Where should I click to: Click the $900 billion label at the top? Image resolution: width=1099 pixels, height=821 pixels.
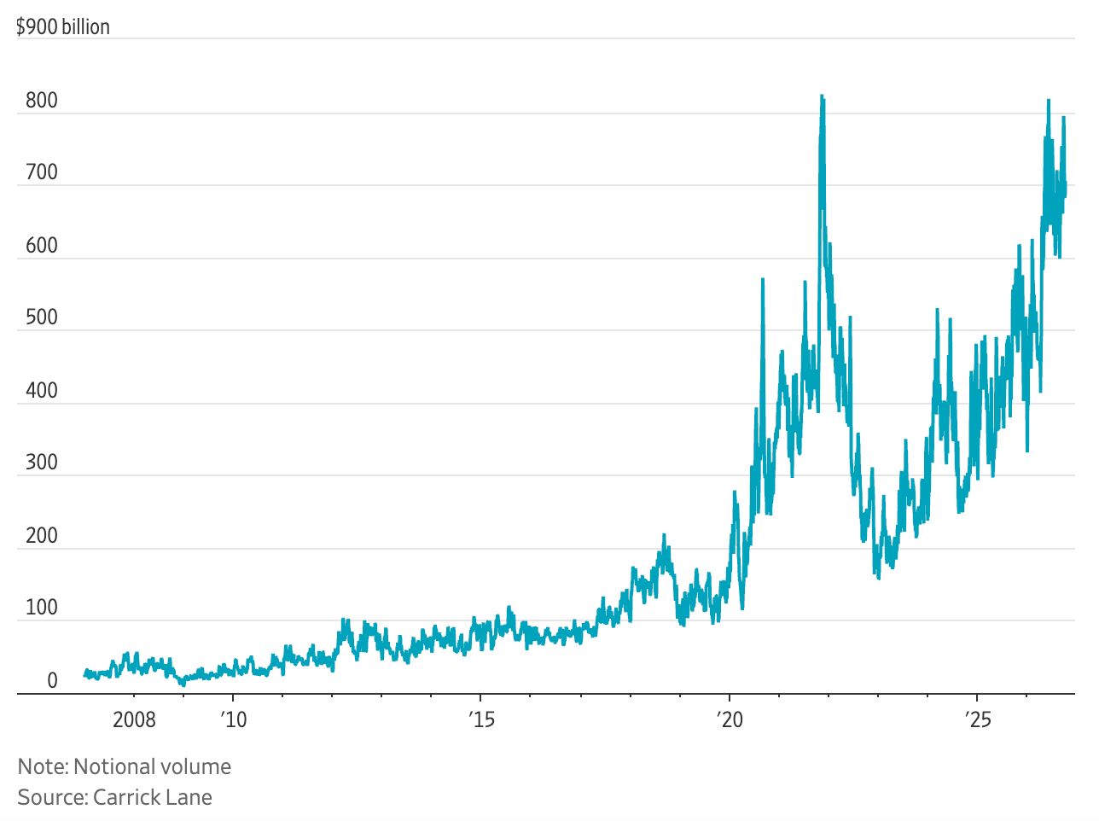tap(62, 27)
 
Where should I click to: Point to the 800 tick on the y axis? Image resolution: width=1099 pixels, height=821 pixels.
tap(42, 101)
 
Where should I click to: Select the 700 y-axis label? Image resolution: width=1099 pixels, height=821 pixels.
tap(42, 172)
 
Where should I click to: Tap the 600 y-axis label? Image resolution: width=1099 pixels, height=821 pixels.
tap(42, 246)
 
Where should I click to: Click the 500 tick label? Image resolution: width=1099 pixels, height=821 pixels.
tap(42, 317)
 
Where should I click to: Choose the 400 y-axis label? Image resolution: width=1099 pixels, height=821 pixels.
tap(42, 391)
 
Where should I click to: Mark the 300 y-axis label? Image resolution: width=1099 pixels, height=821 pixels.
tap(42, 462)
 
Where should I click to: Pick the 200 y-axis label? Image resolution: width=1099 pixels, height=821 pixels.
tap(42, 536)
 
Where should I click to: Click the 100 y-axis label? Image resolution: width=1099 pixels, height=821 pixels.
tap(42, 608)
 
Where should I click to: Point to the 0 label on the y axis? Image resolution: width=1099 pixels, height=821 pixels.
tap(53, 681)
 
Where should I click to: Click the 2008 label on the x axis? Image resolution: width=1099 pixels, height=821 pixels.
tap(134, 720)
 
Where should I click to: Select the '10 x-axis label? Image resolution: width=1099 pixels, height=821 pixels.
tap(233, 720)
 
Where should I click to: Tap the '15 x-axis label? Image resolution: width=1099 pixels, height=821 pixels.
tap(481, 720)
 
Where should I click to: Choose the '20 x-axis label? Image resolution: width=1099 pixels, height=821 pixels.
tap(730, 720)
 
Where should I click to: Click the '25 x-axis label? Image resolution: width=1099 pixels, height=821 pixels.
tap(978, 720)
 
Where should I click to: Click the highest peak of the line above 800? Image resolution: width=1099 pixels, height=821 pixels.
tap(823, 96)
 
